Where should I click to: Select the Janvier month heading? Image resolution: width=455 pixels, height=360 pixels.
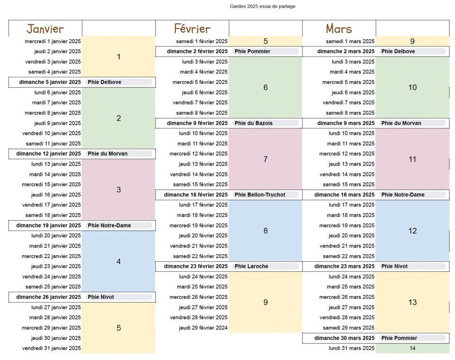point(45,29)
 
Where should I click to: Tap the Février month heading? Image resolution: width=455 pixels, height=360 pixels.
point(192,29)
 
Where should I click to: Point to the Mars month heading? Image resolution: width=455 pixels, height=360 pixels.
point(339,29)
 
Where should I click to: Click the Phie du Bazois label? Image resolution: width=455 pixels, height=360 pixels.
point(254,123)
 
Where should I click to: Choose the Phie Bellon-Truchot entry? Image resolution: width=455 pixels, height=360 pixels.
point(260,195)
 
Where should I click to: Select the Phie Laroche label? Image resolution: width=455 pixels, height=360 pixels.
point(251,267)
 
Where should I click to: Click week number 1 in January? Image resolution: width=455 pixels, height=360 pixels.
point(118,57)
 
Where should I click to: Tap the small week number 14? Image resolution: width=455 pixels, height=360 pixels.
point(412,348)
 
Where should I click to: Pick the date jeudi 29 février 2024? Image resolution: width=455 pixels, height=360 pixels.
point(203,328)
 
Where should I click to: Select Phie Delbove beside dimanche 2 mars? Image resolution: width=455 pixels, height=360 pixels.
point(398,51)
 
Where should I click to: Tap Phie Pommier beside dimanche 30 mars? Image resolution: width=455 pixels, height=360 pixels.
point(399,338)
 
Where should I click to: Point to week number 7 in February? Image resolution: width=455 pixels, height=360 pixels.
point(265,159)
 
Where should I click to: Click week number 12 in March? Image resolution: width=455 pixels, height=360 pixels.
point(412,231)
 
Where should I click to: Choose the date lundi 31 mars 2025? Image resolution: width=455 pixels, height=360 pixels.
point(351,348)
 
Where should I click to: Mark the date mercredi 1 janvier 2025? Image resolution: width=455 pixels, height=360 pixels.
point(53,41)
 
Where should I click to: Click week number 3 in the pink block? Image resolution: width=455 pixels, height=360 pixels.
point(118,190)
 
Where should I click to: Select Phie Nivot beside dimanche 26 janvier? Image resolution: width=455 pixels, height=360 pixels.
point(101,297)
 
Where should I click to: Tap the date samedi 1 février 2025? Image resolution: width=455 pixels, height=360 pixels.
point(201,41)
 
